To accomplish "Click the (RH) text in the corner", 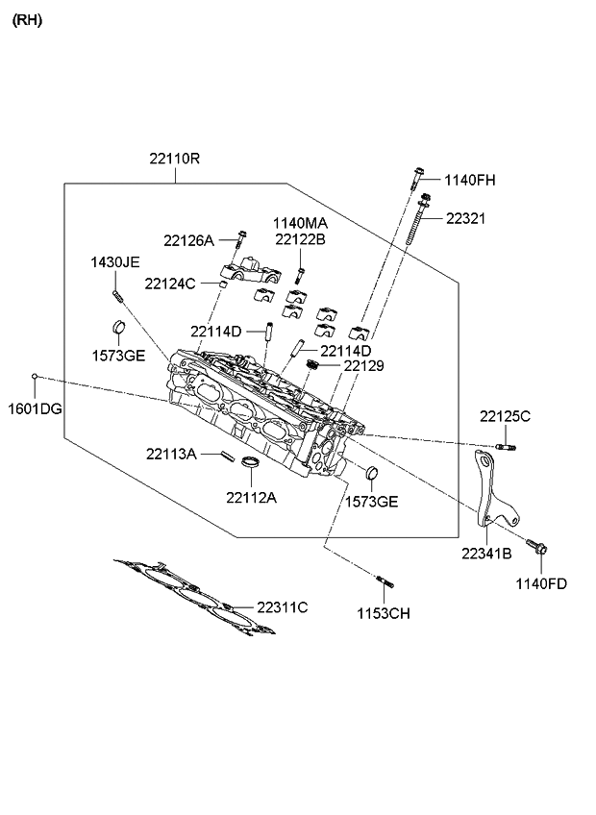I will point(27,19).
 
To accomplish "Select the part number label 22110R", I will point(174,159).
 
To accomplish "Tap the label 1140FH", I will point(470,180).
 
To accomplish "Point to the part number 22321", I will point(465,218).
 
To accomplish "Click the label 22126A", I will point(188,240).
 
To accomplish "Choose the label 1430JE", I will point(115,261).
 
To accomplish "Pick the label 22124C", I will point(170,284).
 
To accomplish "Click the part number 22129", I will point(364,366).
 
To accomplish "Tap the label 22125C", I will point(506,415).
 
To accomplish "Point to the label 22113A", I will point(172,453).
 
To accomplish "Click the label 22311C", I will point(282,606).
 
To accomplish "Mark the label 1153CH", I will point(385,612).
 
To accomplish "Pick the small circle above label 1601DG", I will point(35,376).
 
